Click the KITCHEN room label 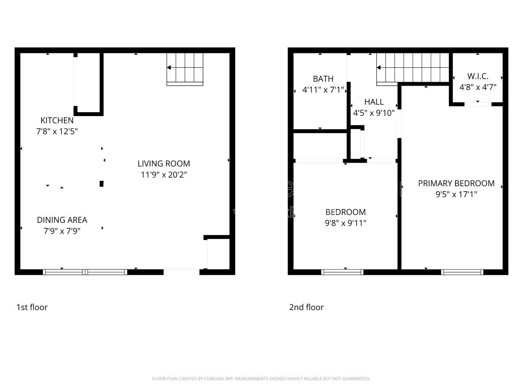point(57,121)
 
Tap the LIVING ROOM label point(163,164)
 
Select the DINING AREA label point(62,220)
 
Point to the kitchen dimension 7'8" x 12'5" point(57,131)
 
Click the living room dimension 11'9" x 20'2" point(163,175)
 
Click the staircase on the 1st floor point(185,69)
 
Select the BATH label point(323,79)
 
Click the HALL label point(374,102)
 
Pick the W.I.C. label point(478,76)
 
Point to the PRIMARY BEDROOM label point(456,184)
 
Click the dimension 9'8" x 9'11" point(345,223)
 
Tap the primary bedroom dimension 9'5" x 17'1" point(456,195)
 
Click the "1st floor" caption point(32,307)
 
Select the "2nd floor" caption point(306,307)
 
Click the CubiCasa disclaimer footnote point(261,379)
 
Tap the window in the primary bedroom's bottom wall point(462,272)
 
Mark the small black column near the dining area point(102,184)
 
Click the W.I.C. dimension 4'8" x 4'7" point(478,87)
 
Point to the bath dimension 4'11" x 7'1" point(323,90)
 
